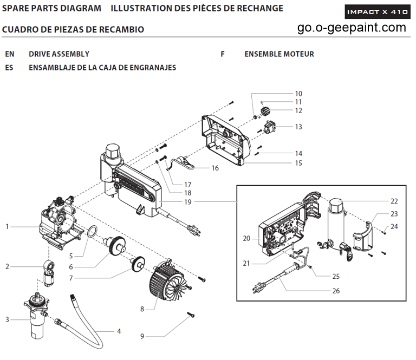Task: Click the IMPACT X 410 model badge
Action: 377,11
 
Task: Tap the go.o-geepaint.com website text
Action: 352,28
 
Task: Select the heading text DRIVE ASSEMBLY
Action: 59,54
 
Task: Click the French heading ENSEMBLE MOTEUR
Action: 279,54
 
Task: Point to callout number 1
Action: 8,226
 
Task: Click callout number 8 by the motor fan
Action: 142,309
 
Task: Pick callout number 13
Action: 298,127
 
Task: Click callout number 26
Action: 336,290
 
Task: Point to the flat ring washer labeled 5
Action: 92,233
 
